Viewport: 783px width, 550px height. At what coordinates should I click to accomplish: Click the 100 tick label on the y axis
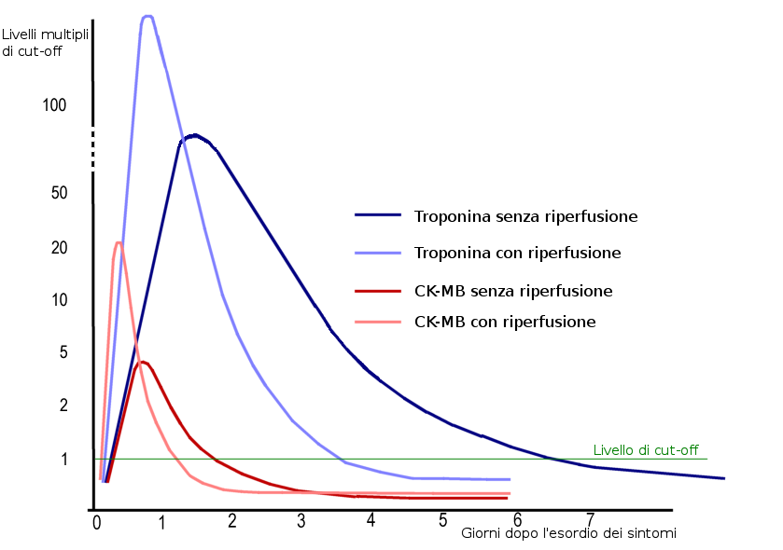coord(54,105)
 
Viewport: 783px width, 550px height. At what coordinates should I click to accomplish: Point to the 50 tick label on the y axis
coord(58,193)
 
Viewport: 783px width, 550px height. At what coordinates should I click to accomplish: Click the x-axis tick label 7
coord(590,518)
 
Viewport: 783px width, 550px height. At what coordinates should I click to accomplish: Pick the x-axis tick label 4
coord(371,519)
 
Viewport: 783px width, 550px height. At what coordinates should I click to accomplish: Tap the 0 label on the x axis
coord(96,522)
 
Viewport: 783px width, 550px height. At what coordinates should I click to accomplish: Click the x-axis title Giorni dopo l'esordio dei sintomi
coord(568,533)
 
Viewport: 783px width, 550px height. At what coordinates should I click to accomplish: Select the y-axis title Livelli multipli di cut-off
coord(46,43)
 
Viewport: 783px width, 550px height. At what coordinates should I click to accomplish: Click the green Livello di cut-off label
coord(646,450)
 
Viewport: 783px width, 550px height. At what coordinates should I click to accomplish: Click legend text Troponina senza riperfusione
coord(525,216)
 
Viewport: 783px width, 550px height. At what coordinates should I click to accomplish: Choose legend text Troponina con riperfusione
coord(517,253)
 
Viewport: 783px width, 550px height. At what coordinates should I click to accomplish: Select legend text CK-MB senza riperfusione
coord(513,291)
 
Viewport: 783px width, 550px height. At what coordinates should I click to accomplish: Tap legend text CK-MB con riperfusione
coord(505,322)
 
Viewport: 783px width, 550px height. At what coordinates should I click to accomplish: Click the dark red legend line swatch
coord(378,291)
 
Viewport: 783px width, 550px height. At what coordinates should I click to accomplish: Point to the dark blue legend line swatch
coord(378,215)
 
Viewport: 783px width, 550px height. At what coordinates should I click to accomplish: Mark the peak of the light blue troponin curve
coord(147,16)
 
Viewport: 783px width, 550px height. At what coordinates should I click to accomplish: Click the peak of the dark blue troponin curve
coord(193,136)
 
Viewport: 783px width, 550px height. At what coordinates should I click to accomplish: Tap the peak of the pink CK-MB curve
coord(119,242)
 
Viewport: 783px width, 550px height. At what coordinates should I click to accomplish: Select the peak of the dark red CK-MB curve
coord(143,362)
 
